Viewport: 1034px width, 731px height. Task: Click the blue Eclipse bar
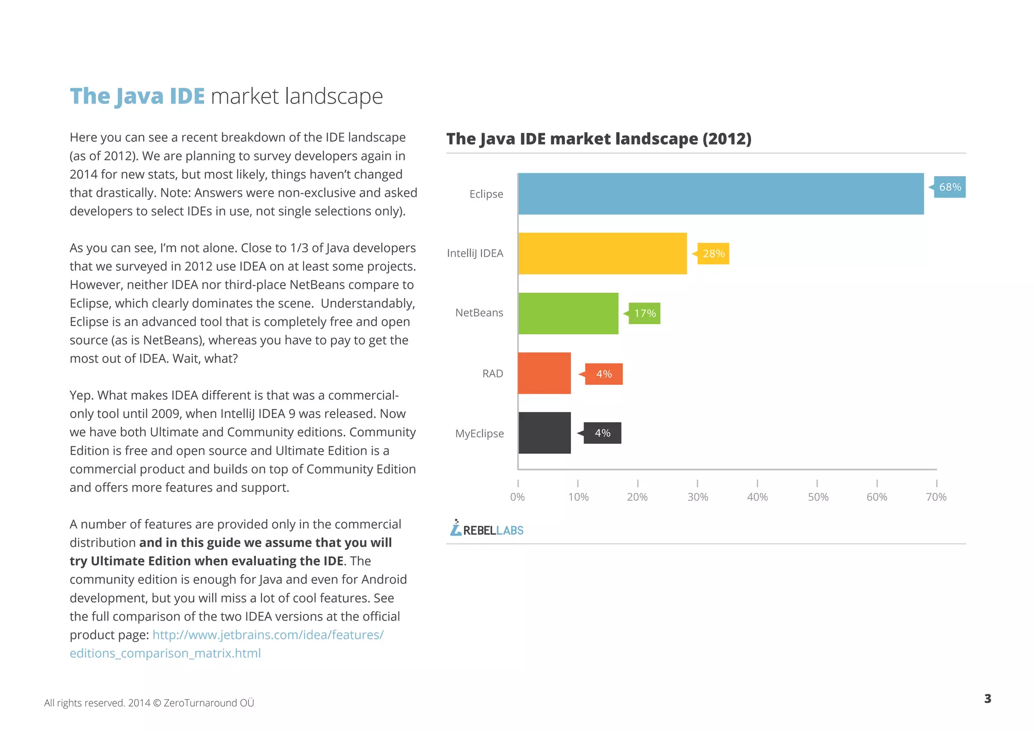pyautogui.click(x=720, y=194)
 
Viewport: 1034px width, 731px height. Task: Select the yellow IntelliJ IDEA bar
pyautogui.click(x=602, y=253)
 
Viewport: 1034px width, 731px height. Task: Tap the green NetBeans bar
pyautogui.click(x=568, y=313)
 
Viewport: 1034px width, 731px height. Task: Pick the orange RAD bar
pyautogui.click(x=544, y=373)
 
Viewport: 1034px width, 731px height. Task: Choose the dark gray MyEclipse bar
pyautogui.click(x=544, y=433)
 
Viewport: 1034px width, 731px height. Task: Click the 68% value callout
pyautogui.click(x=949, y=187)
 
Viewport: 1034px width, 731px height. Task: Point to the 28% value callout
pyautogui.click(x=713, y=253)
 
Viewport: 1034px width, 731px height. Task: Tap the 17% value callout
pyautogui.click(x=644, y=314)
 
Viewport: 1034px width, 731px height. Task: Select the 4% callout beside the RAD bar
pyautogui.click(x=603, y=374)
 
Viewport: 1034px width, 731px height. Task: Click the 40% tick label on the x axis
pyautogui.click(x=757, y=497)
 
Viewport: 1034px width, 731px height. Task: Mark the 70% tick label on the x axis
pyautogui.click(x=936, y=497)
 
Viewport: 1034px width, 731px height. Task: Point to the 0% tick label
pyautogui.click(x=518, y=497)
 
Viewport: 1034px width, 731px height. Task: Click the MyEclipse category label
pyautogui.click(x=479, y=434)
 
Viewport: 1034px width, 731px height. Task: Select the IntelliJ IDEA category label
pyautogui.click(x=475, y=253)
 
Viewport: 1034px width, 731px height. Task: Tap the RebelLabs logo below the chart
pyautogui.click(x=487, y=529)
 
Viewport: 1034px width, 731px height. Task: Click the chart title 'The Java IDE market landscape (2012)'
pyautogui.click(x=598, y=139)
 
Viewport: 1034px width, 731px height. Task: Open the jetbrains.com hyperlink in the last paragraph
pyautogui.click(x=268, y=635)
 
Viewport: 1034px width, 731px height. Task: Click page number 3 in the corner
pyautogui.click(x=988, y=699)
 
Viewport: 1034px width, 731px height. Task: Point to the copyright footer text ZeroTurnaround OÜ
pyautogui.click(x=209, y=703)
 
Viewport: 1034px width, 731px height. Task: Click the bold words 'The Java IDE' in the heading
pyautogui.click(x=137, y=96)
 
